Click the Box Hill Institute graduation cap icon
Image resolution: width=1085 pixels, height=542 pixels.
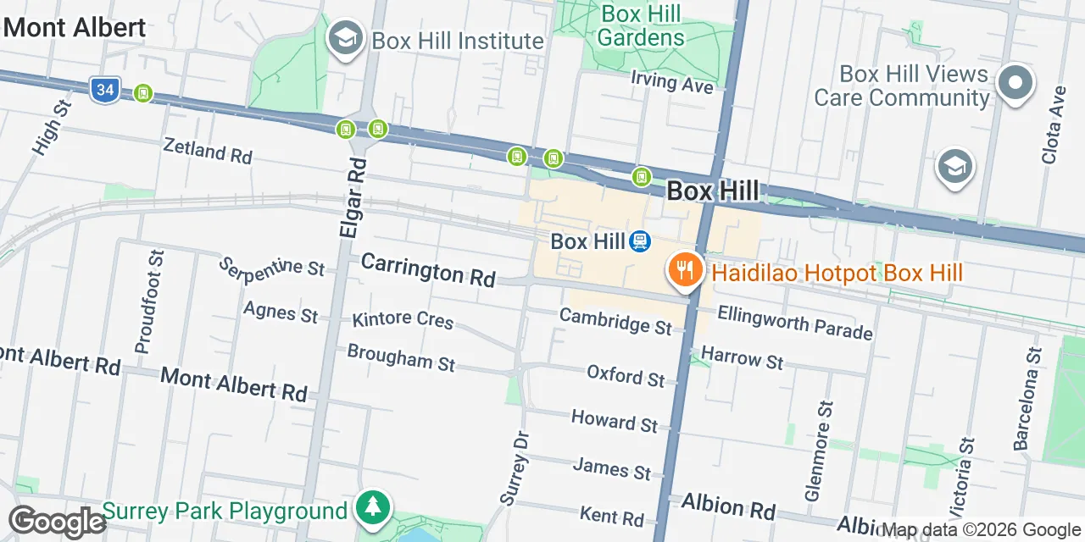pos(345,39)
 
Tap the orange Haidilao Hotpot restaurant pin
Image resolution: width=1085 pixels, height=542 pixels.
pos(684,271)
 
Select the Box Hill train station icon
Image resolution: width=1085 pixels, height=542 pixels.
pos(640,242)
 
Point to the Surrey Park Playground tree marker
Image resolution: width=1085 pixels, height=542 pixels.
pos(373,509)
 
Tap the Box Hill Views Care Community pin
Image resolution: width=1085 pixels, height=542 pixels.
pos(1015,84)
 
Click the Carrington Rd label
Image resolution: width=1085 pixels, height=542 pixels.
pos(428,269)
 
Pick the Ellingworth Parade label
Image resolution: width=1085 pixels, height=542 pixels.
pos(794,323)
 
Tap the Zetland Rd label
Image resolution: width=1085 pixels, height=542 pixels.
pos(208,152)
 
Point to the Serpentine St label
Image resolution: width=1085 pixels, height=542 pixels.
pos(271,267)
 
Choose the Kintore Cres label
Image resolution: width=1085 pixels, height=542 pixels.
pos(403,320)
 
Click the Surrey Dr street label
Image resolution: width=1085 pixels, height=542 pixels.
pos(515,467)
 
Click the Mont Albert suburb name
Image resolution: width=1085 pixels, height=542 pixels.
pos(75,27)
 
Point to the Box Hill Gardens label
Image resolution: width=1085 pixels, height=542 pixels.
pos(642,25)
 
